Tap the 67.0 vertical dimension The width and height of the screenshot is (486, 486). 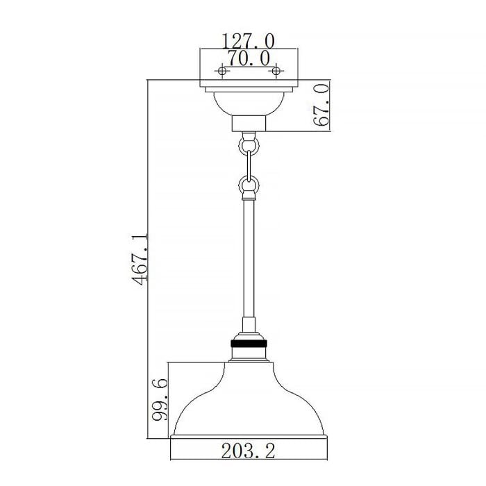point(319,106)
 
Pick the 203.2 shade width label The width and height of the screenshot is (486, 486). point(248,451)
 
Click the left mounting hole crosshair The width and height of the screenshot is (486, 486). point(222,71)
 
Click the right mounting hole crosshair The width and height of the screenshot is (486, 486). point(276,71)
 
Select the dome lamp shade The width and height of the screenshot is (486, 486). point(248,403)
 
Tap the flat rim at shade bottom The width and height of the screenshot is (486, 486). point(248,437)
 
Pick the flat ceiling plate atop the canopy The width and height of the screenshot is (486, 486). point(248,87)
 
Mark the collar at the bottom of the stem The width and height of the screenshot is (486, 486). point(248,326)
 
